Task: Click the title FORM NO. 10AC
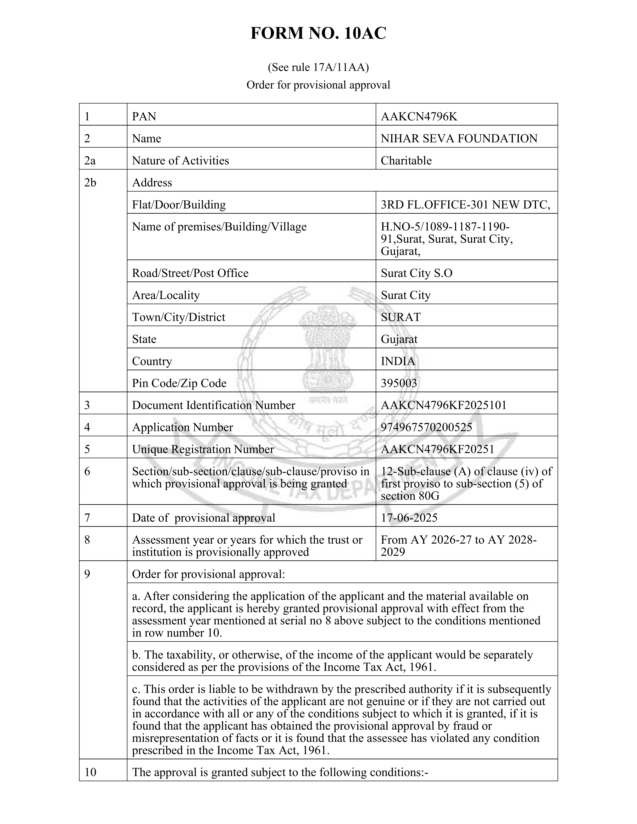(318, 33)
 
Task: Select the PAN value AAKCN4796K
(419, 117)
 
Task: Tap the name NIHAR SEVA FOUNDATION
(459, 139)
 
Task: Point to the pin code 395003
(399, 383)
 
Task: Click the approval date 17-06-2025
(409, 517)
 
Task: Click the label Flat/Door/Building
(179, 205)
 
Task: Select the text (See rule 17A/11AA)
(318, 67)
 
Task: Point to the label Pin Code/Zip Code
(179, 383)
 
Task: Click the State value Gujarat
(399, 339)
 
